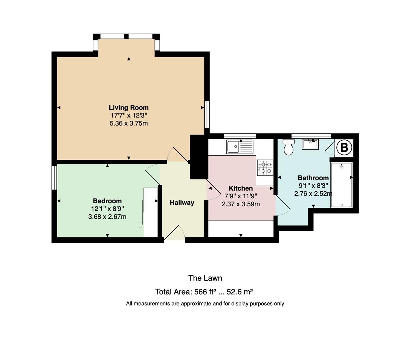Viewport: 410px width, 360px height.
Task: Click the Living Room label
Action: [129, 108]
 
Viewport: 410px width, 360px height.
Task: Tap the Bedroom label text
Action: [107, 201]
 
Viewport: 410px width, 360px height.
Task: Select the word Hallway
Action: [182, 203]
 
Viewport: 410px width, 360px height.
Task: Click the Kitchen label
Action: [241, 188]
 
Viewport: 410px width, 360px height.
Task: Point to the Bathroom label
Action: [313, 178]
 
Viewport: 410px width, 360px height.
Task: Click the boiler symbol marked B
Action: [344, 147]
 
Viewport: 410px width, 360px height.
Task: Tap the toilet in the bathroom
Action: [288, 147]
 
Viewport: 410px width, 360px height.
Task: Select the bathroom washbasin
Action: [311, 144]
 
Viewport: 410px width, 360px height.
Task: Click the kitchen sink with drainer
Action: [240, 147]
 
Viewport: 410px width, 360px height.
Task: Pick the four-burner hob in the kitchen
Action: [265, 168]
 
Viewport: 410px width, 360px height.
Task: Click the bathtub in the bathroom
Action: [341, 185]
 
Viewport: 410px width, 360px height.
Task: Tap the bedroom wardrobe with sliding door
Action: [150, 212]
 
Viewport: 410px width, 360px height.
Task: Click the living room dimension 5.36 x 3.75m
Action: [129, 123]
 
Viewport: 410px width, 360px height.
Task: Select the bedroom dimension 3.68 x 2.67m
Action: [107, 217]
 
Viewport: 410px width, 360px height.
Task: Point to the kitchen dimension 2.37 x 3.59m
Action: [241, 204]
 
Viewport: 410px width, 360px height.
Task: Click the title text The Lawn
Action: [205, 278]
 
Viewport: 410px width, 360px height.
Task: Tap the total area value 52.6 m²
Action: [239, 292]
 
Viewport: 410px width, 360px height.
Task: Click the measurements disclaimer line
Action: [205, 304]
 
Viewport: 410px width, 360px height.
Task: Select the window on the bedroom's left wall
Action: [54, 178]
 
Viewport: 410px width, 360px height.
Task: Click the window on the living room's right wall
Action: [207, 115]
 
